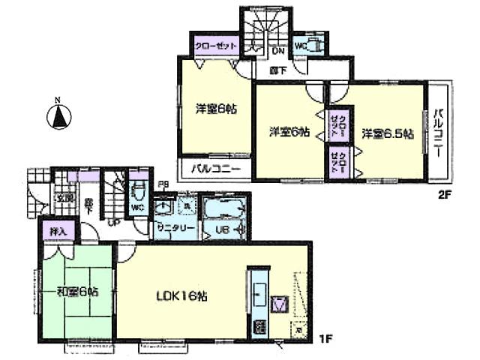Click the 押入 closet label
click(55, 232)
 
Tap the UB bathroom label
click(223, 229)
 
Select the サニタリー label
click(176, 227)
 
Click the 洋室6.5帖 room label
click(387, 135)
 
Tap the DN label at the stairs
click(277, 51)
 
